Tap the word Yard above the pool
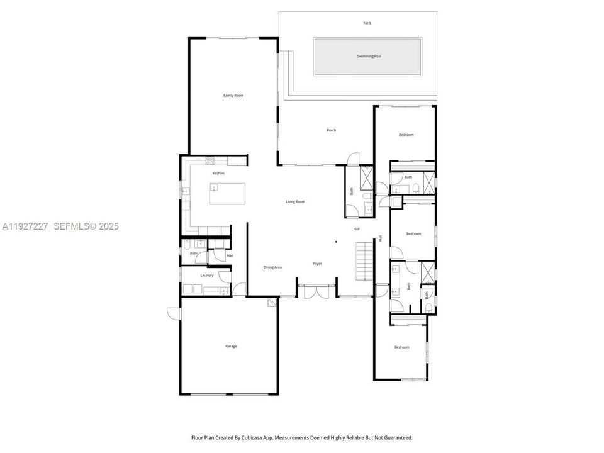tap(367, 23)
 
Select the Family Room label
tap(233, 96)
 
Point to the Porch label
tap(332, 130)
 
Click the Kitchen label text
tap(218, 173)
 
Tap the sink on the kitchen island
tap(214, 187)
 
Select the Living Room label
tap(295, 202)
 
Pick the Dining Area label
tap(272, 267)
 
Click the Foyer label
tap(318, 264)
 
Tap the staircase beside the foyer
tap(365, 260)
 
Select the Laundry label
tap(207, 275)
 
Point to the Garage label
tap(232, 346)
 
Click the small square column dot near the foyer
tap(336, 242)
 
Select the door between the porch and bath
tap(354, 158)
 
